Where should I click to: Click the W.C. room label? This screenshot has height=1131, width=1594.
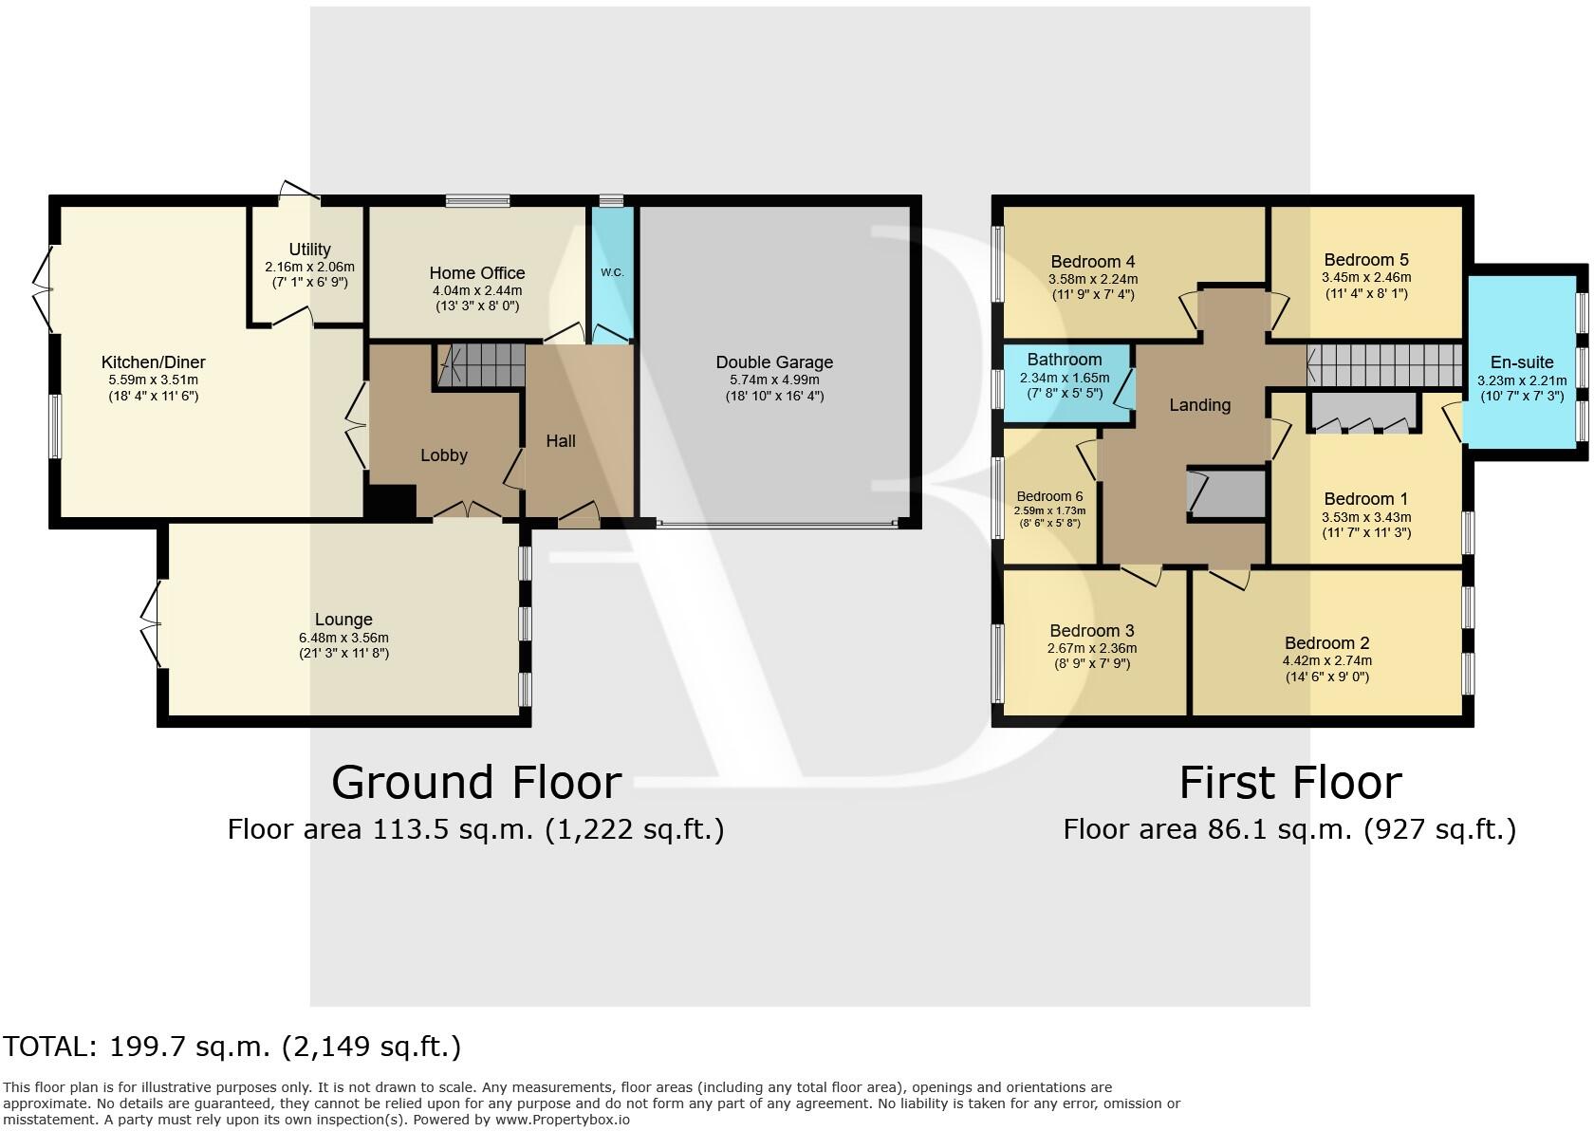(x=612, y=273)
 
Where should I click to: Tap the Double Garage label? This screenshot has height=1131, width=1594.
(x=774, y=362)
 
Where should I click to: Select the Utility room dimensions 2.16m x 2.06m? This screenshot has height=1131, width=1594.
(x=309, y=268)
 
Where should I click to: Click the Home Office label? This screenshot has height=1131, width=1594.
(x=476, y=273)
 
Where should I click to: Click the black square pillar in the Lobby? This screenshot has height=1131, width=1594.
(x=391, y=500)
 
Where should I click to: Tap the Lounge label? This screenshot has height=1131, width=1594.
(x=343, y=621)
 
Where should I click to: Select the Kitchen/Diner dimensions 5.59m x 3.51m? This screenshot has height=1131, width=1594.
(x=154, y=380)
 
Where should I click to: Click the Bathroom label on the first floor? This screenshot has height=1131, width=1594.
(x=1065, y=360)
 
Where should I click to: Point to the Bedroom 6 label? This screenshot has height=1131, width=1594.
(x=1048, y=496)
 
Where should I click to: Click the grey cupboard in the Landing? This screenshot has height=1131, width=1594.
(x=1228, y=493)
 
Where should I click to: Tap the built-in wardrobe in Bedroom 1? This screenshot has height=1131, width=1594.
(x=1364, y=414)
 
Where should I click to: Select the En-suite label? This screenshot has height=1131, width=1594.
(x=1522, y=362)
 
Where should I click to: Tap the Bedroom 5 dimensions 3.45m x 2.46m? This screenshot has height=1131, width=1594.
(x=1366, y=278)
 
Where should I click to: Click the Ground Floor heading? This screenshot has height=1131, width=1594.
(x=476, y=783)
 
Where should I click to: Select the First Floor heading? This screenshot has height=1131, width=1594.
(x=1289, y=783)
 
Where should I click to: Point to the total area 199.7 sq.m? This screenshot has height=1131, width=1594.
(x=232, y=1047)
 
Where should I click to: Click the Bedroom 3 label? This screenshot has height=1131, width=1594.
(x=1091, y=631)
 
